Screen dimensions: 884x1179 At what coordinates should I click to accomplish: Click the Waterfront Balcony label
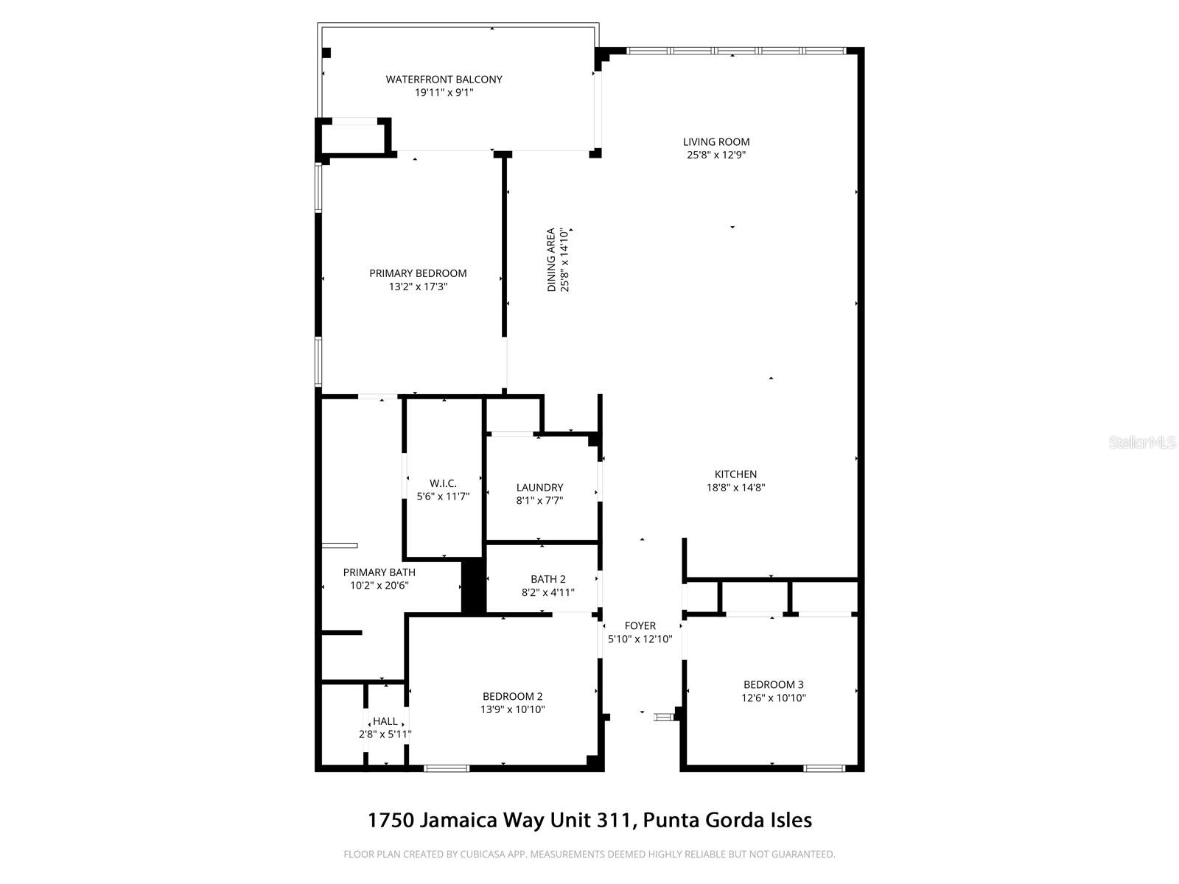click(x=444, y=80)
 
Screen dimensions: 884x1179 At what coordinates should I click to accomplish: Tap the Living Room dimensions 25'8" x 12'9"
click(x=716, y=155)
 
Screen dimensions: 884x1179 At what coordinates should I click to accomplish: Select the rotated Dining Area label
click(x=551, y=260)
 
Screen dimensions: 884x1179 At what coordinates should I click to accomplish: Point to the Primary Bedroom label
click(x=418, y=273)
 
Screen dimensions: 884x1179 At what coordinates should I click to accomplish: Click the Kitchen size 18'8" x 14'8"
click(x=735, y=488)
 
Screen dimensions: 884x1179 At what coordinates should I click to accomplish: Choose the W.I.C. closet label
click(x=443, y=483)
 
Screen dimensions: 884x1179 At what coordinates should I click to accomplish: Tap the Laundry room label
click(x=539, y=488)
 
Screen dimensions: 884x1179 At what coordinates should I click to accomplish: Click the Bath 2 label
click(x=548, y=579)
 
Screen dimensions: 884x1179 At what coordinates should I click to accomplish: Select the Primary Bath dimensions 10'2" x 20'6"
click(x=379, y=586)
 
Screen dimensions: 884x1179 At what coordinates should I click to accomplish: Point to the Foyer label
click(x=640, y=625)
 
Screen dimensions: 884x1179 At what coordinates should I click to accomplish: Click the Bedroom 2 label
click(x=512, y=696)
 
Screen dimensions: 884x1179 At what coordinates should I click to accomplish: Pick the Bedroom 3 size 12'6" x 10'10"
click(x=773, y=698)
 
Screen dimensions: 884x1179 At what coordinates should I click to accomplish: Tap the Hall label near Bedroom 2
click(x=385, y=721)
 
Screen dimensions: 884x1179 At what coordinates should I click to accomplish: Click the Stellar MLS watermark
click(x=1141, y=443)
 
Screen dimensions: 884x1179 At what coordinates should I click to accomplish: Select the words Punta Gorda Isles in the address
click(x=728, y=820)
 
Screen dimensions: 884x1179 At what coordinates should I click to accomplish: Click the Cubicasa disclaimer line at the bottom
click(x=589, y=855)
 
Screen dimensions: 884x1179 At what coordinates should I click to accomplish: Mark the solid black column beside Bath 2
click(x=473, y=586)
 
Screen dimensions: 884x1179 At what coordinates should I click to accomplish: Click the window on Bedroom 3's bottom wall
click(x=824, y=768)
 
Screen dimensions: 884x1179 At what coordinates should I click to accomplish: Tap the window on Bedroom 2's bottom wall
click(x=447, y=768)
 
